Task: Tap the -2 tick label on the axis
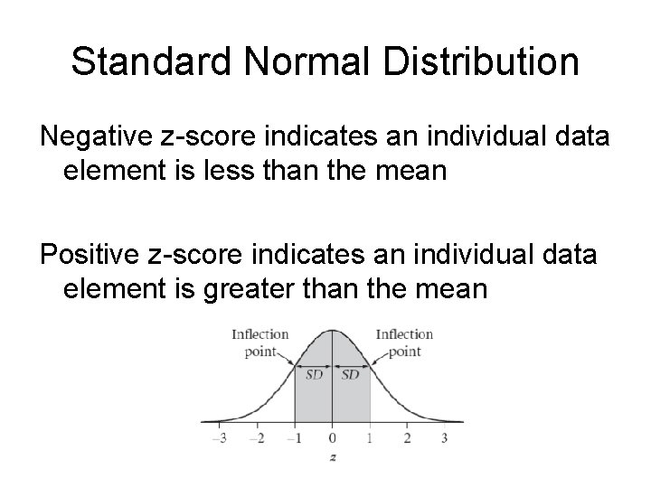pos(258,438)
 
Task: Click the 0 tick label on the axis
pos(332,438)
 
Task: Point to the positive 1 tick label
pos(370,438)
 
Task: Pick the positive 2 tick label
pos(407,438)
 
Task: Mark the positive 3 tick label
pos(444,438)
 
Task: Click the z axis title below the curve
pos(333,458)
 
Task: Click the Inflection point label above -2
pos(259,343)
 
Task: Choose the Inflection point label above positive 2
pos(404,343)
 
